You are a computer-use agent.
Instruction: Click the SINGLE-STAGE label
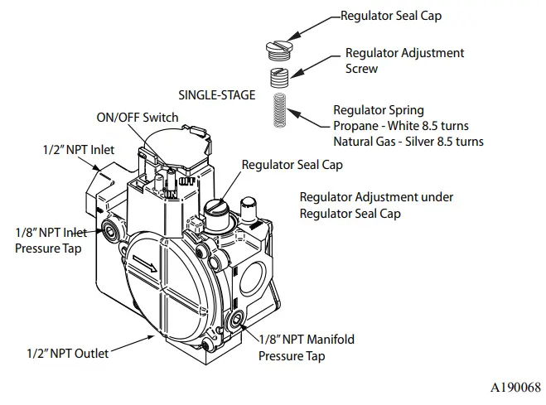[218, 94]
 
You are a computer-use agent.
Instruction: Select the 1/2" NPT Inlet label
[79, 150]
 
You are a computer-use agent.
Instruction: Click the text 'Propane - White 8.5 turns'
[400, 126]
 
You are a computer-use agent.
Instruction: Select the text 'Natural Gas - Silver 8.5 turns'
[408, 142]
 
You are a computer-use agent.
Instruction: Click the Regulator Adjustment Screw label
[404, 61]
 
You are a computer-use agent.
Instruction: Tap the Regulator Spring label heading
[378, 110]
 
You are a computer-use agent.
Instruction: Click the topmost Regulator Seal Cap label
[391, 15]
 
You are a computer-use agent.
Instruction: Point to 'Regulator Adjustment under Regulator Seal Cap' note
[377, 205]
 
